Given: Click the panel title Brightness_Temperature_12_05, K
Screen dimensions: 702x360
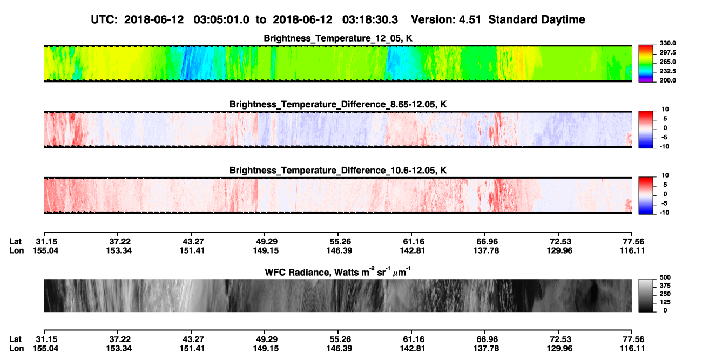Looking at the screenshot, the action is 338,38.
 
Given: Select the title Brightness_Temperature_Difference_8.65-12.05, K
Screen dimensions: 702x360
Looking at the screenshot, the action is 338,104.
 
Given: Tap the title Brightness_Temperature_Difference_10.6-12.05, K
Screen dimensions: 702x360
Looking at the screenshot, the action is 338,171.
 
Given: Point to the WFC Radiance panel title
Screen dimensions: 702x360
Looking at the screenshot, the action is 338,272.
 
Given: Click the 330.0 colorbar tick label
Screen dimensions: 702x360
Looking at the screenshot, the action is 667,43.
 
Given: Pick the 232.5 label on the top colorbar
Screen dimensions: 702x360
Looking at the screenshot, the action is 667,71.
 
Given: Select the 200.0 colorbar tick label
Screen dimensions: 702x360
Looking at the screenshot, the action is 667,80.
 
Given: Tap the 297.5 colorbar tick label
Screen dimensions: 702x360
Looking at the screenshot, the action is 667,53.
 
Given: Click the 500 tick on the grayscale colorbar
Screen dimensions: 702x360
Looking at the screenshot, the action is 665,277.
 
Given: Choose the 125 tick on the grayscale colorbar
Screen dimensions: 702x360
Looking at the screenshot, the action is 665,302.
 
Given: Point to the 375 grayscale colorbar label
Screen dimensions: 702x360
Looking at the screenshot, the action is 665,286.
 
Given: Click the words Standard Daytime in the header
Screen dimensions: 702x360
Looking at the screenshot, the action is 537,19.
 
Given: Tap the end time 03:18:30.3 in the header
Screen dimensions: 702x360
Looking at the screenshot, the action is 370,19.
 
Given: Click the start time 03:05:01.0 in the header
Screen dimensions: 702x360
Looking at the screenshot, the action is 221,19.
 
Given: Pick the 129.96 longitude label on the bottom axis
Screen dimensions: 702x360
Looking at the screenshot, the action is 559,349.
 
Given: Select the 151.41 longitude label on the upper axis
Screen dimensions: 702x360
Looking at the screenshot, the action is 192,250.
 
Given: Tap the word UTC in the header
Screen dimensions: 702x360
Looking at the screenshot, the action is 104,19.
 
